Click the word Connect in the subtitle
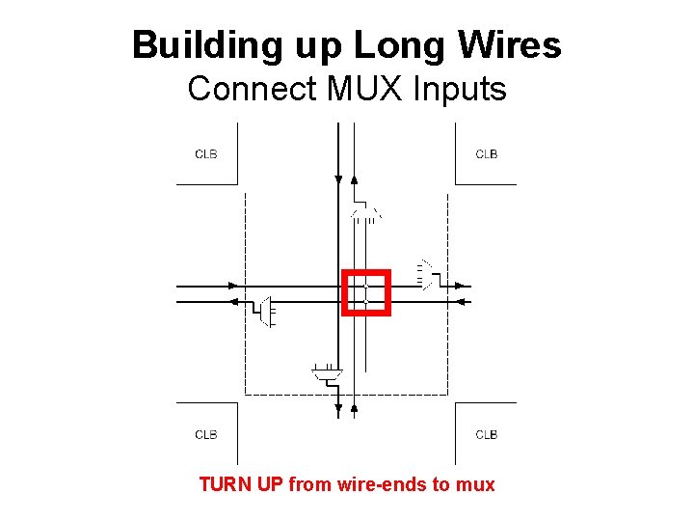[254, 89]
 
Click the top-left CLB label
[205, 153]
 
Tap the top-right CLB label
[487, 153]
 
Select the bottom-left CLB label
[205, 434]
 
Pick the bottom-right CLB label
[487, 434]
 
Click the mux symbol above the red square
[366, 212]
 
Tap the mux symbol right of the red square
[425, 275]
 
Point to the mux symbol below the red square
[327, 370]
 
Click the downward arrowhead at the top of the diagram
[338, 178]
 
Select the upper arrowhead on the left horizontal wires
[232, 286]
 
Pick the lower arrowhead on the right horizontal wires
[460, 302]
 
